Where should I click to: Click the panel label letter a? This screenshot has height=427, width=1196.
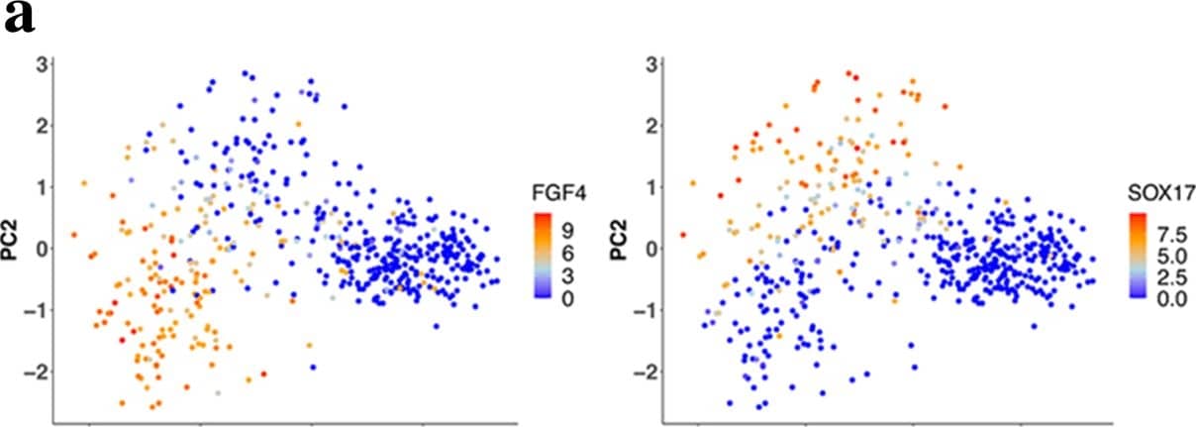click(x=21, y=20)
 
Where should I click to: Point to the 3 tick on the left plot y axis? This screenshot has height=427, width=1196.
click(x=41, y=64)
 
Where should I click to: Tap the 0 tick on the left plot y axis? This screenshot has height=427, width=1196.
click(x=41, y=249)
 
